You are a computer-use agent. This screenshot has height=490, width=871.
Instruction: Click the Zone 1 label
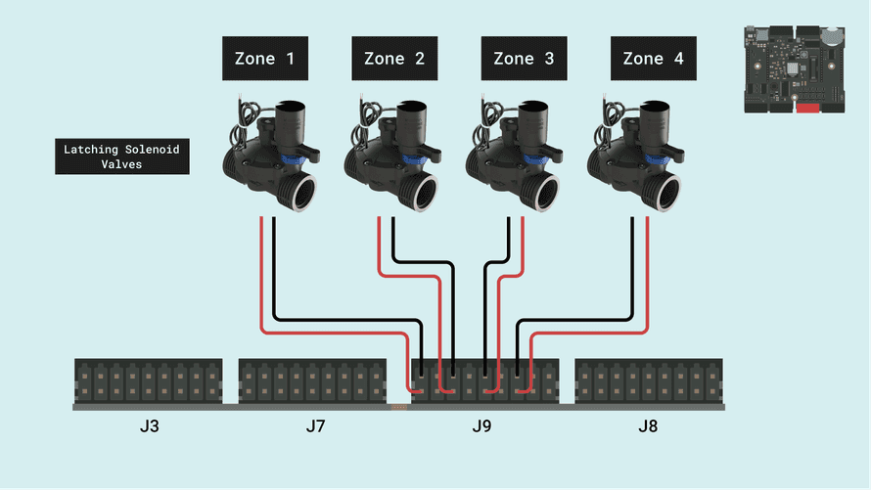coord(264,59)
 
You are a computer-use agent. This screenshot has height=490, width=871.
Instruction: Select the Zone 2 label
coord(393,59)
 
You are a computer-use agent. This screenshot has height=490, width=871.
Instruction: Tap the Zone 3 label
coord(524,59)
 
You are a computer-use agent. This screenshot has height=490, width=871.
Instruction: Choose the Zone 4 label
coord(653,59)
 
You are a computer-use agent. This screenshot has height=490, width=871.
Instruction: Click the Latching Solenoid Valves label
coord(122,157)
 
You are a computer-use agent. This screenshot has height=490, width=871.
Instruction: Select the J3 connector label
coord(150,426)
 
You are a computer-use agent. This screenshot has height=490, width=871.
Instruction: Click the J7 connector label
coord(315,426)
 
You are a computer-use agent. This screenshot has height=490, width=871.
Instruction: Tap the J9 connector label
coord(481,426)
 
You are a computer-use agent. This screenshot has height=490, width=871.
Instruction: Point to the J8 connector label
coord(648,426)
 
